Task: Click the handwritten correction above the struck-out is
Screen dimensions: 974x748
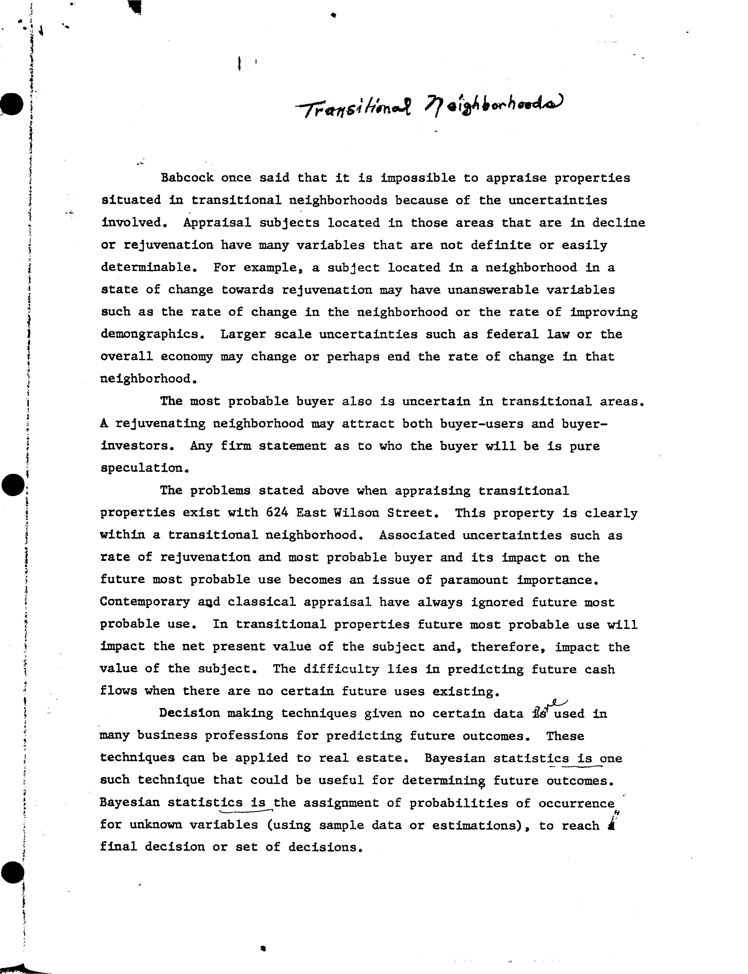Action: (556, 703)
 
